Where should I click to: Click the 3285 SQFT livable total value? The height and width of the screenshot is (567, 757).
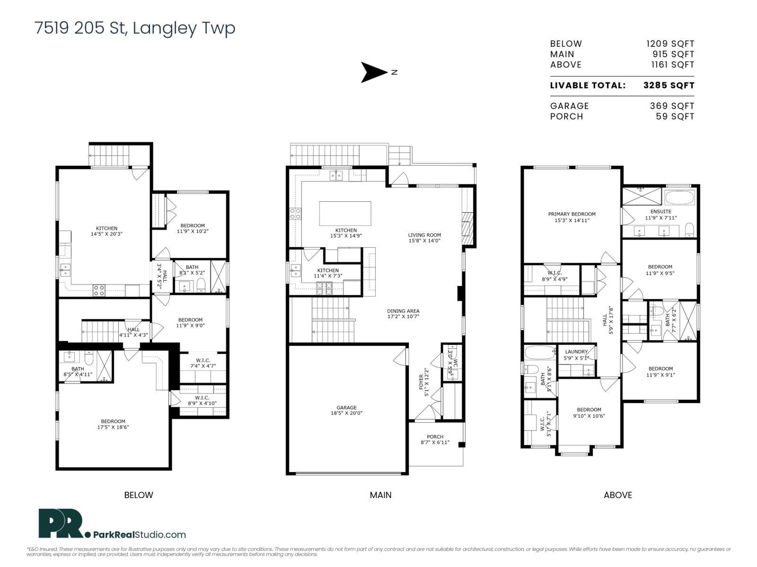(669, 86)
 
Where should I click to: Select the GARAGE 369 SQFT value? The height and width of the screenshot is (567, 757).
(672, 106)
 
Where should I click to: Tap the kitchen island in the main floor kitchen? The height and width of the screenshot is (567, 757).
(345, 214)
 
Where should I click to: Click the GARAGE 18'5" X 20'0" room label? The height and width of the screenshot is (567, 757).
(347, 410)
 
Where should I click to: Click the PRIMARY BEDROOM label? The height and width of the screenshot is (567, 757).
(572, 217)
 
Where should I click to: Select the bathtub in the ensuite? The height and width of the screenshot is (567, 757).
(680, 198)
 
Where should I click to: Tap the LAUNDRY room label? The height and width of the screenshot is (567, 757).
(576, 355)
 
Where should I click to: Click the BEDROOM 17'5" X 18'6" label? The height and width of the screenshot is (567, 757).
(113, 424)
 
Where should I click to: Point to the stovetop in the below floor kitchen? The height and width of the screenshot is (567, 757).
(99, 290)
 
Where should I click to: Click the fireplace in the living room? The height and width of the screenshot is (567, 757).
(467, 229)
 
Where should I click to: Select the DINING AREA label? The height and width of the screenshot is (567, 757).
(403, 314)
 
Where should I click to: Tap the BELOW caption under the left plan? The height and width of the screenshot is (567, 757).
(139, 495)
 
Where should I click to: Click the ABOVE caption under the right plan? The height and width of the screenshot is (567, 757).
(618, 495)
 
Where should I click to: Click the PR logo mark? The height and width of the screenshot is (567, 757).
(61, 524)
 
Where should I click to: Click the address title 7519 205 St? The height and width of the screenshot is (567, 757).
(135, 28)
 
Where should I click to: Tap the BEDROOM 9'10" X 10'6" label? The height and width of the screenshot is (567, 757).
(589, 412)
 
